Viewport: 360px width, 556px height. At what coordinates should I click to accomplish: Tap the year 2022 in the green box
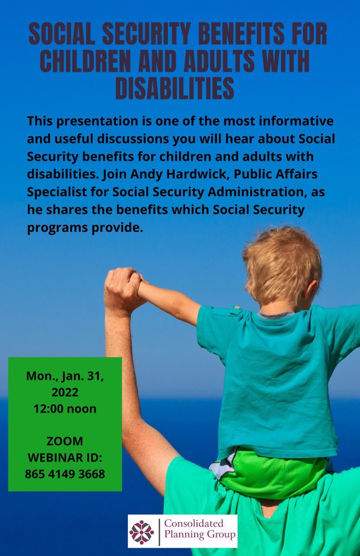click(65, 393)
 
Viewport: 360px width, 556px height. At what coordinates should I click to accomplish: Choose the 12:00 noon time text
click(65, 409)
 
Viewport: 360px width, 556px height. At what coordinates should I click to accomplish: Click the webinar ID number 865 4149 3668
click(65, 474)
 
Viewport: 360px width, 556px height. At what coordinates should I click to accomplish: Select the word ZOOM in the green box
click(65, 441)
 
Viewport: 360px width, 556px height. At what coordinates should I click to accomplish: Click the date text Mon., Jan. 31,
click(65, 376)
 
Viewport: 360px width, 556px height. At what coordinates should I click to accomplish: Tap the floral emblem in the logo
click(141, 532)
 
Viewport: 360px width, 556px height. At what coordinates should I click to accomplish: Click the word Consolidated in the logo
click(193, 523)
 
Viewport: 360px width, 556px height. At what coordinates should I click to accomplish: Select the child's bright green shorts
click(273, 473)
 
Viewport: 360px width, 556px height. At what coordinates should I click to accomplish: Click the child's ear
click(311, 289)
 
